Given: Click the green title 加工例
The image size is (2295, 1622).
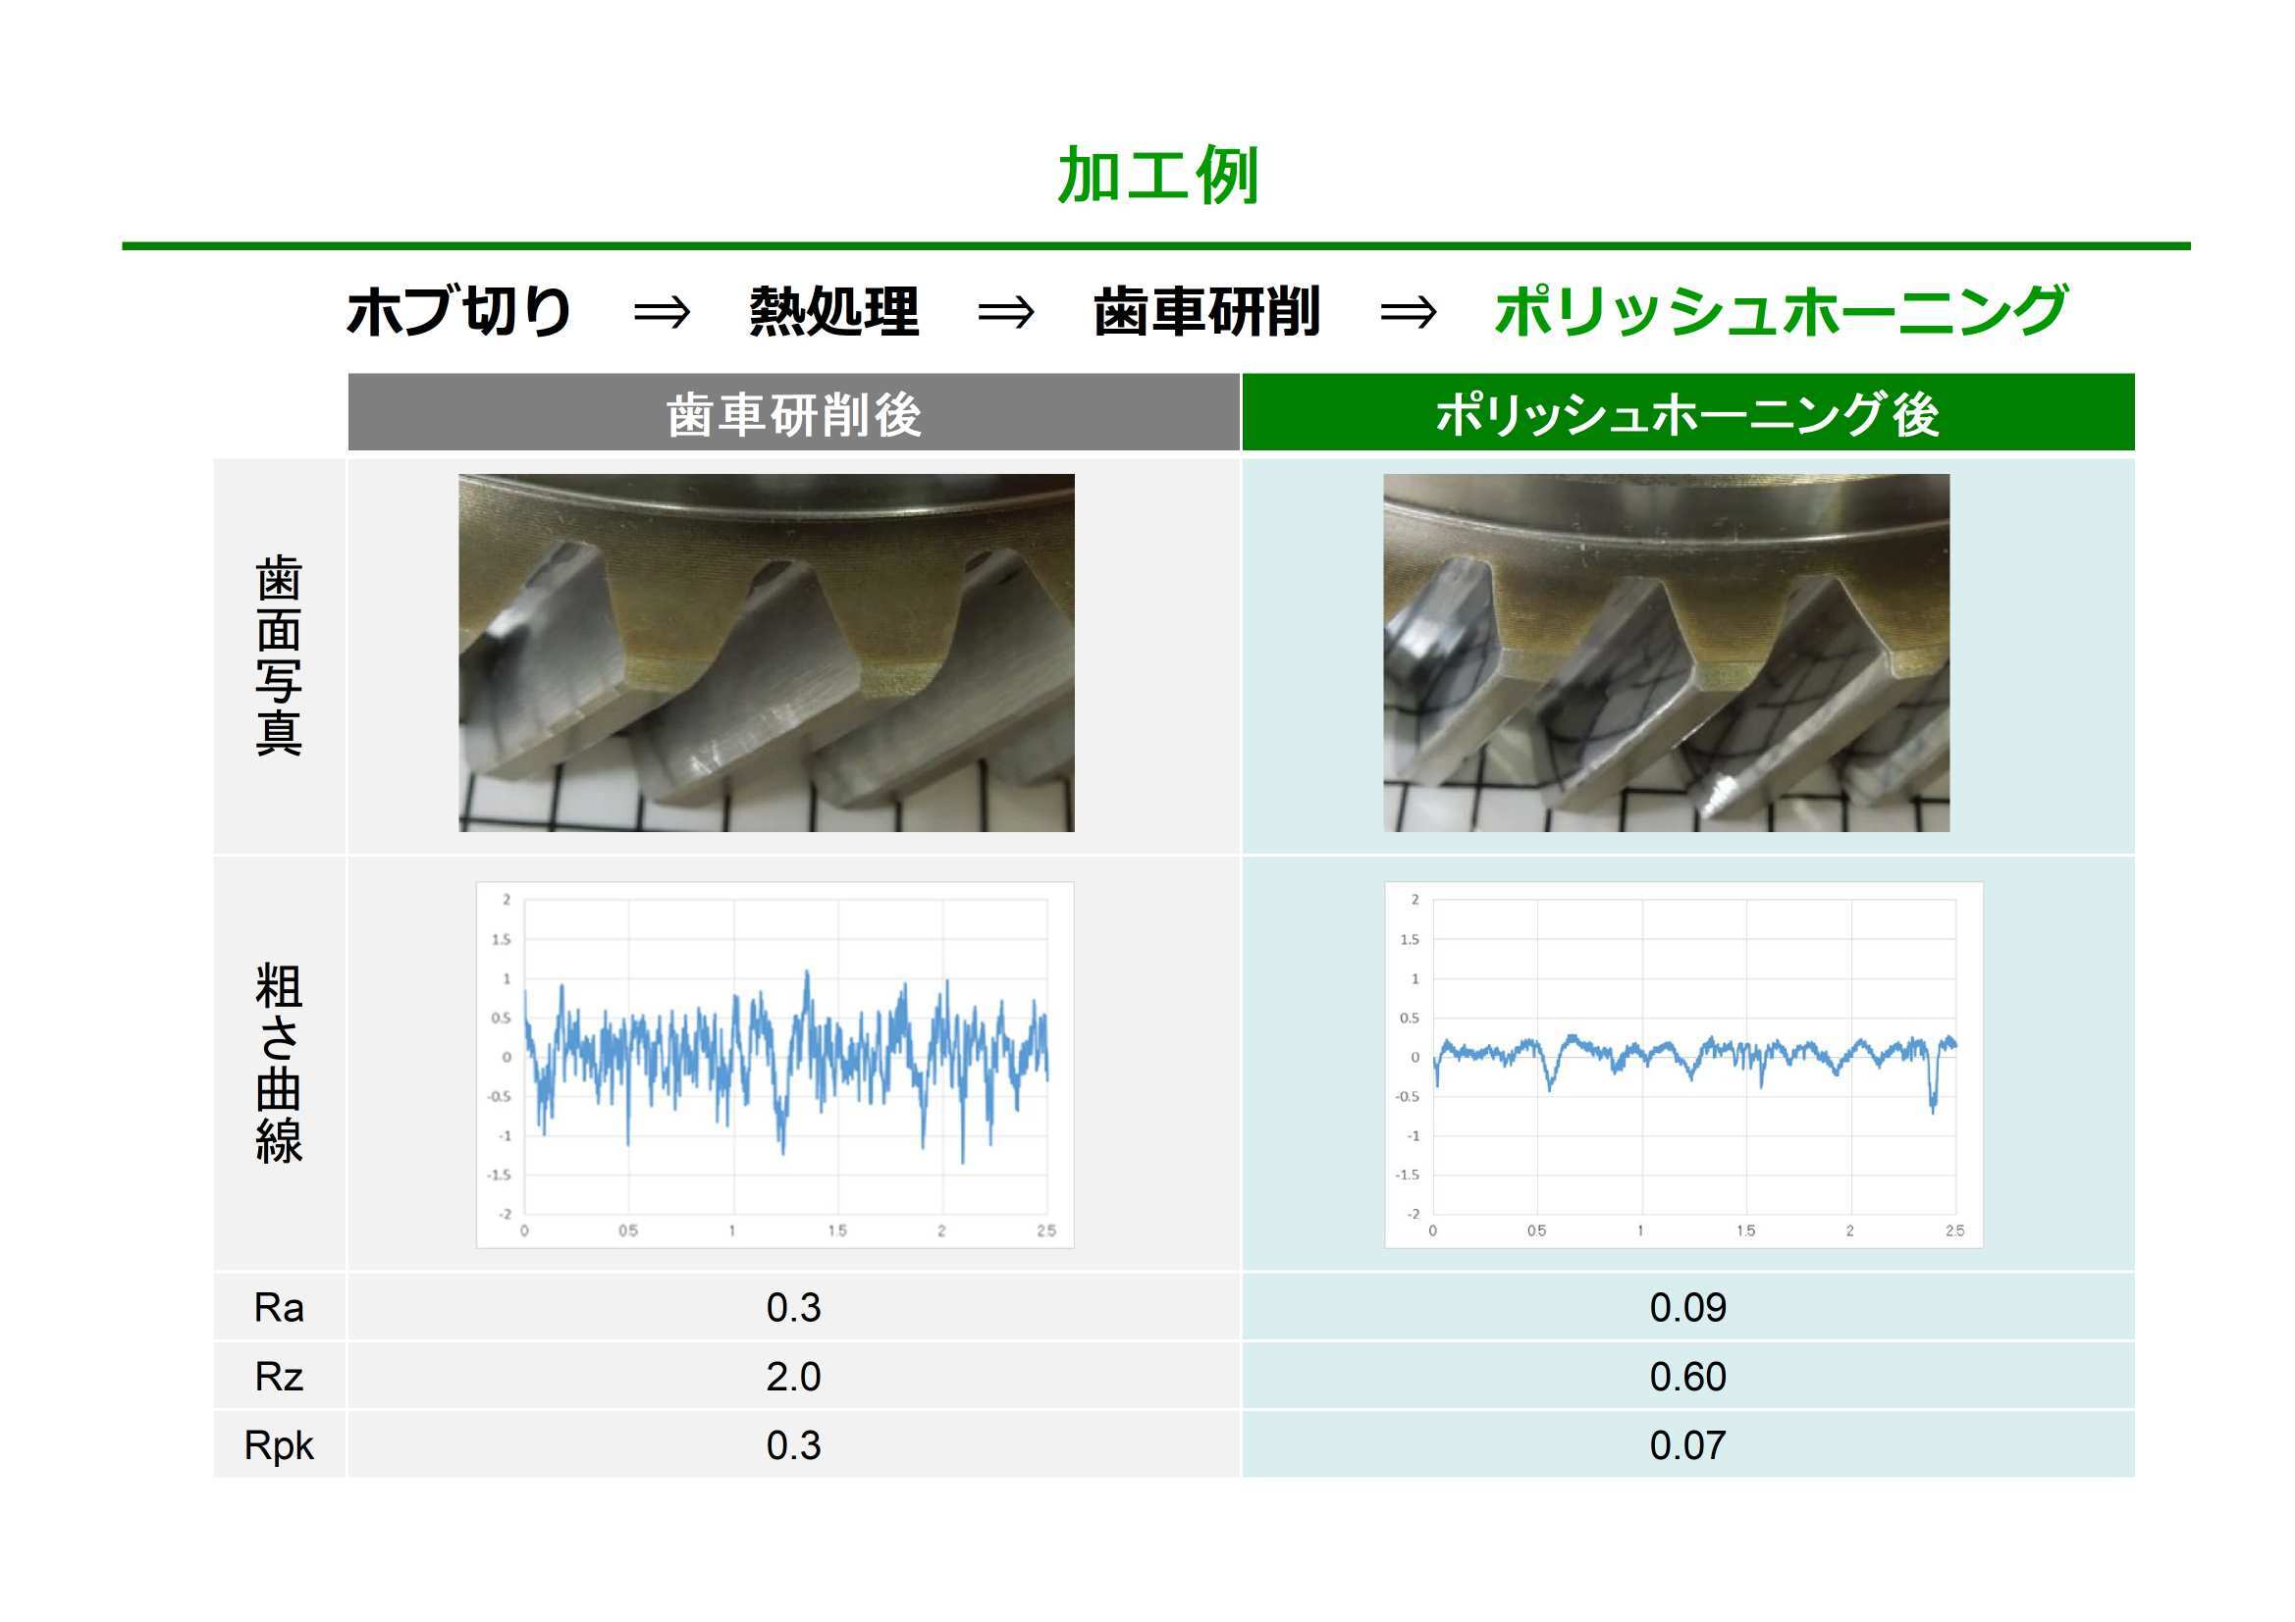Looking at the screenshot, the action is click(x=1156, y=175).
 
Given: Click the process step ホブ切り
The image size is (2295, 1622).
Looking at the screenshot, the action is click(x=458, y=311).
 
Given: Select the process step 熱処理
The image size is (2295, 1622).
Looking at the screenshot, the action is click(x=833, y=311).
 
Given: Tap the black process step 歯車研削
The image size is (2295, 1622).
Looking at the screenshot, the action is click(x=1206, y=311).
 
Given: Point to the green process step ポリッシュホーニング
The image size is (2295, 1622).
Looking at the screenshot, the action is click(x=1781, y=311).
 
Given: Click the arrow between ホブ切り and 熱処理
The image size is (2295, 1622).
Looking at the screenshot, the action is click(x=662, y=313).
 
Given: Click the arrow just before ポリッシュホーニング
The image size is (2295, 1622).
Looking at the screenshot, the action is click(x=1408, y=313).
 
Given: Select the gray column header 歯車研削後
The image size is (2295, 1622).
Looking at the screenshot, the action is click(x=794, y=414).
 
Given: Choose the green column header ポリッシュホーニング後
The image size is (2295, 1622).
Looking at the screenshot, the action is click(x=1687, y=414).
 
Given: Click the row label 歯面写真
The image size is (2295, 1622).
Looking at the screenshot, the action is click(x=279, y=655).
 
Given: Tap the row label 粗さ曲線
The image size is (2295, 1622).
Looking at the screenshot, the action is click(x=279, y=1064).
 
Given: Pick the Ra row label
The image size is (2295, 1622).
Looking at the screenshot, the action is click(x=279, y=1308).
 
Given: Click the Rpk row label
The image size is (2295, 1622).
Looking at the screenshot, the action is click(x=279, y=1446).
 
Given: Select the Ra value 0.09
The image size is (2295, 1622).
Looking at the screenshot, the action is click(x=1687, y=1308).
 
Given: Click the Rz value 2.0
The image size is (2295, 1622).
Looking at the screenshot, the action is click(x=794, y=1377).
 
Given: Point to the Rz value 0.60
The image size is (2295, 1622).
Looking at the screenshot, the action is click(x=1687, y=1377).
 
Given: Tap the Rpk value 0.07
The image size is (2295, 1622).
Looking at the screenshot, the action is click(x=1687, y=1446).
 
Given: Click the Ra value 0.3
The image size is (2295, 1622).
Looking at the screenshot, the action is click(x=794, y=1308).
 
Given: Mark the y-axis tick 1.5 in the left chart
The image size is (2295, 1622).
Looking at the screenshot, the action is click(x=501, y=939).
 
